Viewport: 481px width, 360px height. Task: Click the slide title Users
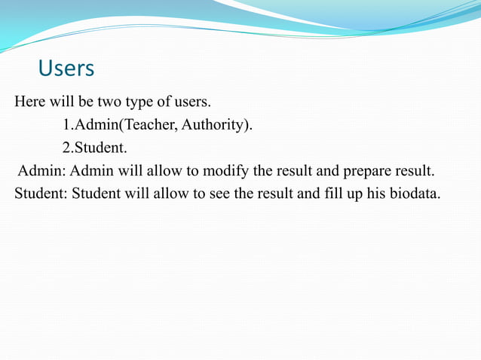(66, 69)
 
